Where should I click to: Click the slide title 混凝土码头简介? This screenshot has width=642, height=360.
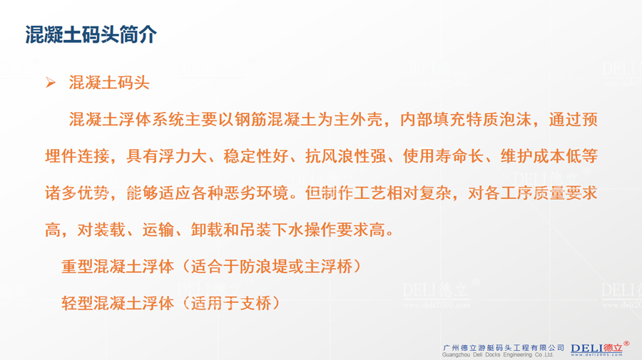pyautogui.click(x=91, y=34)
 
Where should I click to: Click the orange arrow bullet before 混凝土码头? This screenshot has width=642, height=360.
pyautogui.click(x=51, y=83)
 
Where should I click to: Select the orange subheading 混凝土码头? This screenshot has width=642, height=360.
pyautogui.click(x=109, y=83)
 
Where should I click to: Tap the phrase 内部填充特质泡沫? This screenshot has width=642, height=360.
pyautogui.click(x=466, y=120)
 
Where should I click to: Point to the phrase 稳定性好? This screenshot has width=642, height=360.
pyautogui.click(x=256, y=156)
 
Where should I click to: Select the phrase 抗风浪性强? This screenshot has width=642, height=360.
pyautogui.click(x=345, y=156)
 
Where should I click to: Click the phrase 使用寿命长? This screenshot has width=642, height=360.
pyautogui.click(x=443, y=156)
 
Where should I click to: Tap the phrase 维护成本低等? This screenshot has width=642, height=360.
pyautogui.click(x=549, y=156)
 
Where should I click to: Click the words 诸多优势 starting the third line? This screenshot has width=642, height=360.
pyautogui.click(x=77, y=193)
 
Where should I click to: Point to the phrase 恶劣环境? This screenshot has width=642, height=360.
pyautogui.click(x=256, y=193)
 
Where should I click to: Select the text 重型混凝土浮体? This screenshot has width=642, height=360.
pyautogui.click(x=118, y=267)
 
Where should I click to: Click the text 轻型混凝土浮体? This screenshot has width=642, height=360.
pyautogui.click(x=118, y=304)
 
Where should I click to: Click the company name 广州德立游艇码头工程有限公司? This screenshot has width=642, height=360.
pyautogui.click(x=503, y=348)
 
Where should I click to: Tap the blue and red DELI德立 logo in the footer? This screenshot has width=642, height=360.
pyautogui.click(x=596, y=349)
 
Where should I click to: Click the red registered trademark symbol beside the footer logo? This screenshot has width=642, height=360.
pyautogui.click(x=626, y=344)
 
